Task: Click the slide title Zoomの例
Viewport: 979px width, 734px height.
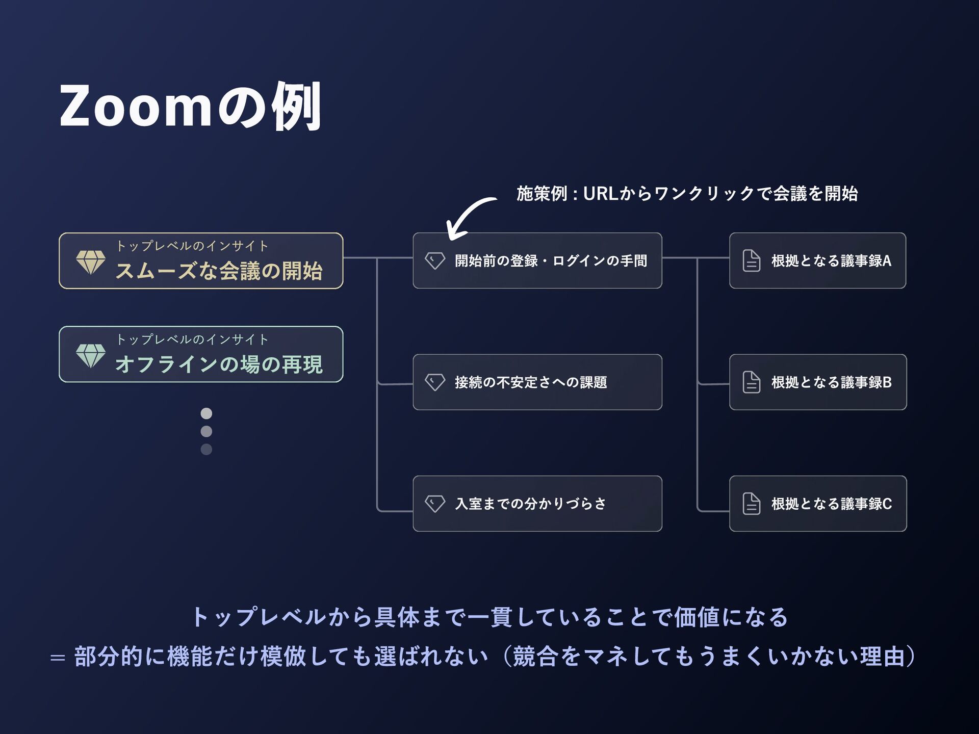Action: (x=190, y=106)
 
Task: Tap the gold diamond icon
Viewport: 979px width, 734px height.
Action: (x=91, y=261)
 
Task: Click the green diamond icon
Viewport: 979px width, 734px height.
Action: (x=91, y=355)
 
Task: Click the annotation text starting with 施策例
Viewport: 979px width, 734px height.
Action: (x=687, y=194)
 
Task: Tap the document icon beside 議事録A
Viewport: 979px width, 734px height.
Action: (x=751, y=260)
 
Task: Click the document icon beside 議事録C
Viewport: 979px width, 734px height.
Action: (x=751, y=504)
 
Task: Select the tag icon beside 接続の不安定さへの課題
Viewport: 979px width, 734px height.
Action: (x=434, y=382)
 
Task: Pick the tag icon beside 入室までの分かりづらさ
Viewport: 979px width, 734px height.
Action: (x=434, y=504)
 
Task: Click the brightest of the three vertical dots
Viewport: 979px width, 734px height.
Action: (x=206, y=413)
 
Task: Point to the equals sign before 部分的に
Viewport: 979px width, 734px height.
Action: (x=58, y=658)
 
